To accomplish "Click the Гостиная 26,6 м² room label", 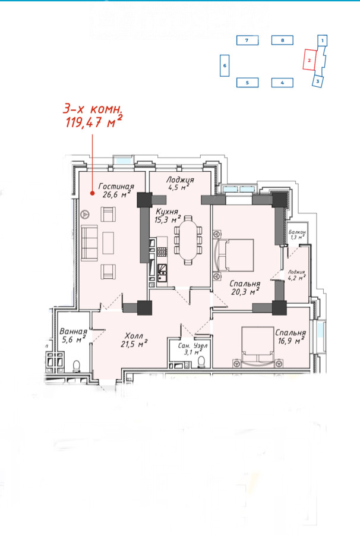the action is pyautogui.click(x=116, y=190).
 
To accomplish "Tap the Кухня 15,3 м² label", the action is pyautogui.click(x=168, y=216).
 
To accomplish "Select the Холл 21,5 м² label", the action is pyautogui.click(x=134, y=340).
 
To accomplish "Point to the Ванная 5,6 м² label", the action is pyautogui.click(x=73, y=335).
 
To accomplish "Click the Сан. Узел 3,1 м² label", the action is pyautogui.click(x=192, y=349).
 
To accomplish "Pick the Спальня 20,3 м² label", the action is pyautogui.click(x=245, y=288).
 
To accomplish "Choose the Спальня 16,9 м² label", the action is pyautogui.click(x=290, y=336).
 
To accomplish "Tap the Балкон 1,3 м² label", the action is pyautogui.click(x=297, y=234).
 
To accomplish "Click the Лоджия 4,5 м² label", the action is pyautogui.click(x=180, y=183).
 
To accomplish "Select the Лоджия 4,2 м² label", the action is pyautogui.click(x=296, y=275).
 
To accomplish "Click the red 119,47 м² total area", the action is pyautogui.click(x=94, y=122).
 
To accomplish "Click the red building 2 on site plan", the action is pyautogui.click(x=309, y=59).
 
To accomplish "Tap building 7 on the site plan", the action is pyautogui.click(x=247, y=40).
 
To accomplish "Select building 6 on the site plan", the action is pyautogui.click(x=225, y=65).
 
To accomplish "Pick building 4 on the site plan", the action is pyautogui.click(x=282, y=83).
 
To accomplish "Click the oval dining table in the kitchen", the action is pyautogui.click(x=188, y=240).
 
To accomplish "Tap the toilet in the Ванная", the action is pyautogui.click(x=77, y=366).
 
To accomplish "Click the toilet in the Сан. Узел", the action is pyautogui.click(x=201, y=361).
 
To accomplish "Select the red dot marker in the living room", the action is pyautogui.click(x=92, y=193).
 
